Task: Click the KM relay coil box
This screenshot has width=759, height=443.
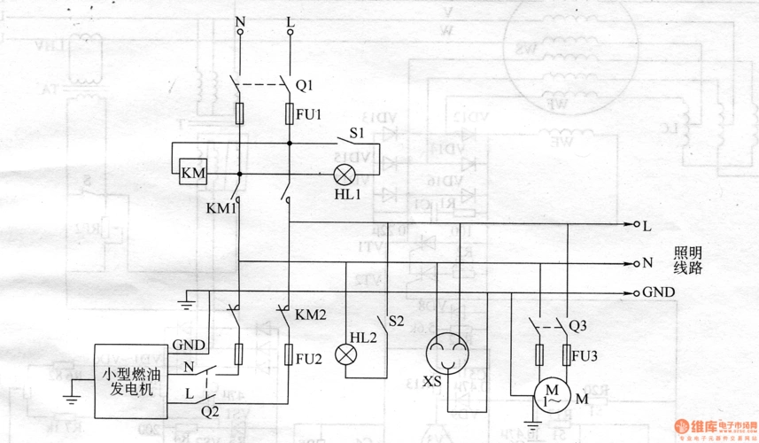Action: [x=192, y=173]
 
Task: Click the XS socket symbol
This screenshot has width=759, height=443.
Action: [x=444, y=354]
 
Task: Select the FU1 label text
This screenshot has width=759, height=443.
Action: [x=309, y=114]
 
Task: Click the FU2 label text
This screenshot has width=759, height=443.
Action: [x=307, y=358]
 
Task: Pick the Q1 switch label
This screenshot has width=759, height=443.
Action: [x=304, y=86]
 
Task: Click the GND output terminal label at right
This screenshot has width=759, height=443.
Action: [x=659, y=292]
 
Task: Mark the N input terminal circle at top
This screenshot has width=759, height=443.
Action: [x=239, y=33]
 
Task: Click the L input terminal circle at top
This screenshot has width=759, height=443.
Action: [x=290, y=33]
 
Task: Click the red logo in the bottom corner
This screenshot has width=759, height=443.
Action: [x=685, y=428]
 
